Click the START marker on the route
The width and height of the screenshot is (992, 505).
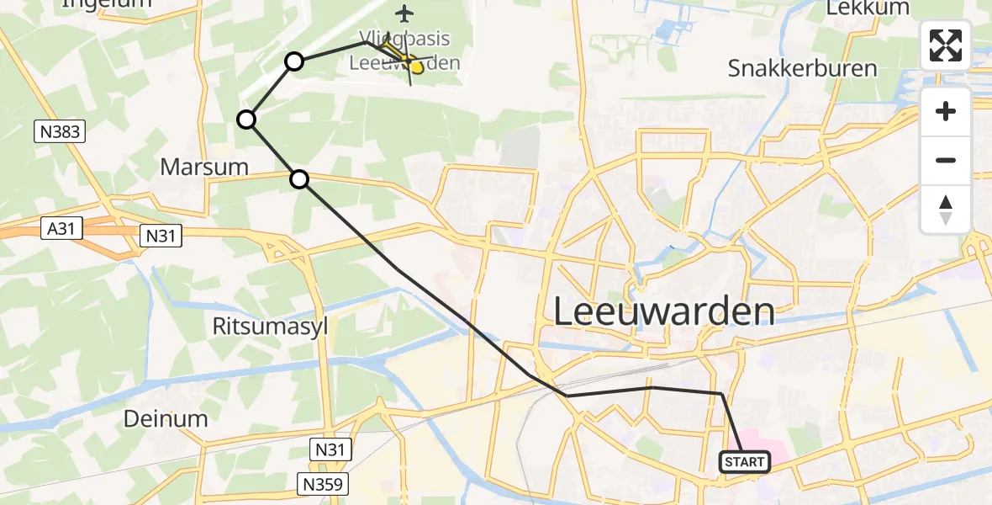click(744, 461)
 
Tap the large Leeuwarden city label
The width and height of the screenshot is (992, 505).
click(664, 311)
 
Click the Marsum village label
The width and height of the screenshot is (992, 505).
click(204, 167)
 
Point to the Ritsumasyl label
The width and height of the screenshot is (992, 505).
click(270, 327)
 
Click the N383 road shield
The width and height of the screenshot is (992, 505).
click(60, 130)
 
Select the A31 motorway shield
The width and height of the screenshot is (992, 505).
click(61, 227)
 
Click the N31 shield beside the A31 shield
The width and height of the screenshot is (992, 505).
click(161, 236)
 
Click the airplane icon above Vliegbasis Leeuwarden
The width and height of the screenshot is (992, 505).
click(405, 13)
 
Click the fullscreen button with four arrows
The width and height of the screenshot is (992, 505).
click(946, 45)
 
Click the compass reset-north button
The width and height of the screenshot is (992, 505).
click(946, 210)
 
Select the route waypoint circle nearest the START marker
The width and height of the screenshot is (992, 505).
click(299, 178)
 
